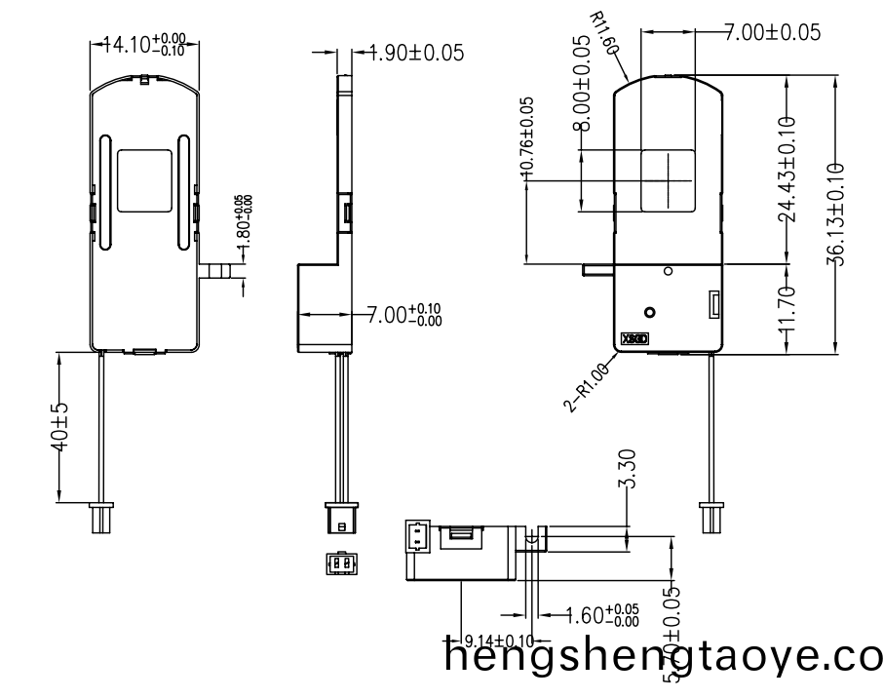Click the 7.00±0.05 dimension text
pos(772,32)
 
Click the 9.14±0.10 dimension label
pos(498,641)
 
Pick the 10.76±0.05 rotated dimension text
pos(527,136)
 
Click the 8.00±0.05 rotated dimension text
pos(581,84)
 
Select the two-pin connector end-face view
pos(339,563)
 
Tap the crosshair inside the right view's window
pos(669,179)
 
